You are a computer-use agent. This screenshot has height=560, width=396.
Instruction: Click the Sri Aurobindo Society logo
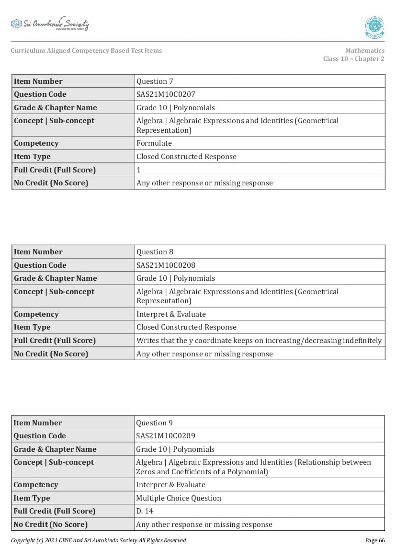click(50, 24)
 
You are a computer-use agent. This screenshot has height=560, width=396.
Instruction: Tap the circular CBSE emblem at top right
click(374, 27)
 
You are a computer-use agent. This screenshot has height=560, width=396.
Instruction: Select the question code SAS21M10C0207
click(166, 94)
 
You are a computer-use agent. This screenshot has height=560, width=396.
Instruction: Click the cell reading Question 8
click(155, 252)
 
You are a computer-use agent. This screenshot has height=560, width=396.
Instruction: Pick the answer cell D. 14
click(145, 511)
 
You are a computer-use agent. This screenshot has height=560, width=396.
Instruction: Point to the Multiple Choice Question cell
click(179, 498)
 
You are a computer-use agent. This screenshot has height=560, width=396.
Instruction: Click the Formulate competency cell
click(154, 143)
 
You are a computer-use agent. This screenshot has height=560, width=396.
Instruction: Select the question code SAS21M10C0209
click(166, 436)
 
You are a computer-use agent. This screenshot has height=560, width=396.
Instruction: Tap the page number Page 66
click(375, 540)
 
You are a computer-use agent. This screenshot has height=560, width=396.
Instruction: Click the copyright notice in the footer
click(98, 540)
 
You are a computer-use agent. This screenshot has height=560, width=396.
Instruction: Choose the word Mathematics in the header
click(364, 51)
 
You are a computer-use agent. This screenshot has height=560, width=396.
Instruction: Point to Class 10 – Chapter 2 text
click(353, 59)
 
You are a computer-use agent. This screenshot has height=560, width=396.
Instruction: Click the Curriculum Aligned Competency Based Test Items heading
click(86, 51)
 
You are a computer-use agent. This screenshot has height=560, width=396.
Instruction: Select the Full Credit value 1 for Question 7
click(139, 170)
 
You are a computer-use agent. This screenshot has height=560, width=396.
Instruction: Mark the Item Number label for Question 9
click(38, 423)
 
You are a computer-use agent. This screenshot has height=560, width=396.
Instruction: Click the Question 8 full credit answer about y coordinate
click(259, 341)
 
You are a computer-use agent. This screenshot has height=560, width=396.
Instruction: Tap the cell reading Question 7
click(155, 81)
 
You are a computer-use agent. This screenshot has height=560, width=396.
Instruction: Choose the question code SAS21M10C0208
click(166, 265)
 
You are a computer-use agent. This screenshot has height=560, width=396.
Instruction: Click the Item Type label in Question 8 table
click(32, 327)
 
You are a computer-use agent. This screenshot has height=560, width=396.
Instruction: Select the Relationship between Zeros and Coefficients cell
click(253, 467)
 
